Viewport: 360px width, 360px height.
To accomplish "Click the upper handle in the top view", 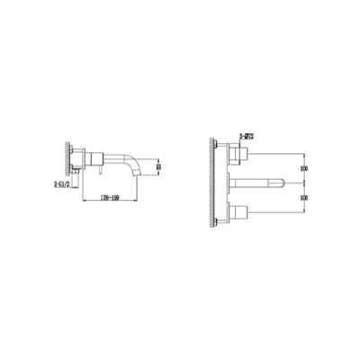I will [239, 154].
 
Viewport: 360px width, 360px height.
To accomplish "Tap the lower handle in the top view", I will [239, 212].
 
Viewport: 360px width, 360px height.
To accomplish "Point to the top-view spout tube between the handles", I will [261, 183].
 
